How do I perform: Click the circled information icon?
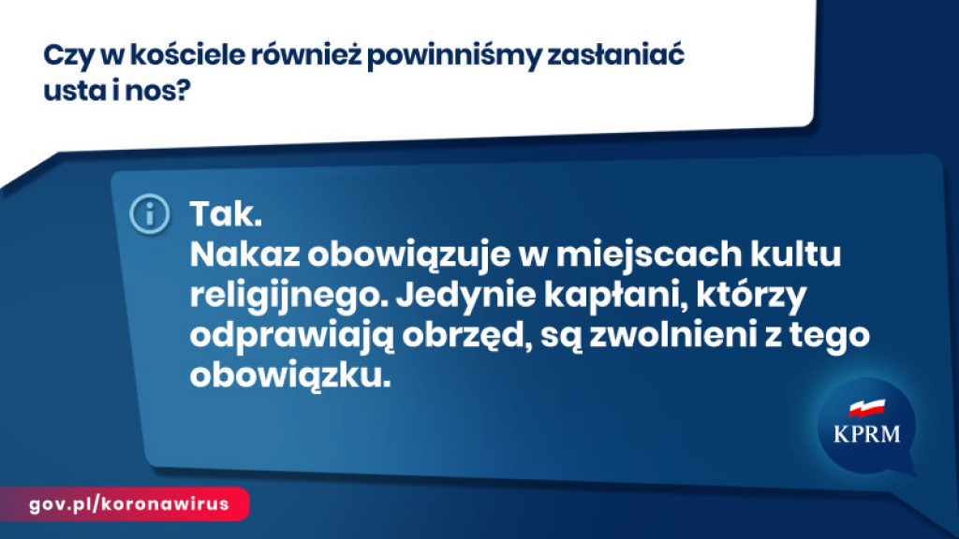click(150, 214)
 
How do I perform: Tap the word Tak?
click(226, 214)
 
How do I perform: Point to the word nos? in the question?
click(157, 92)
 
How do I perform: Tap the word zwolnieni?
click(670, 335)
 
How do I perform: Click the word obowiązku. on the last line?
click(290, 375)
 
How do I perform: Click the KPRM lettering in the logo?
click(866, 434)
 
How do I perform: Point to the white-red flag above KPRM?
click(866, 408)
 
